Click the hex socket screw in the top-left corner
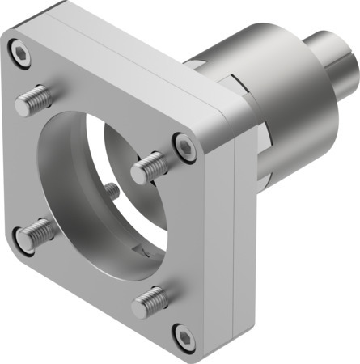click(20, 53)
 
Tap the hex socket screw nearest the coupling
click(186, 147)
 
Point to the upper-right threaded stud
click(150, 167)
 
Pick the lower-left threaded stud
click(37, 235)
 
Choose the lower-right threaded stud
click(150, 302)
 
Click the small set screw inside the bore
click(112, 192)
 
